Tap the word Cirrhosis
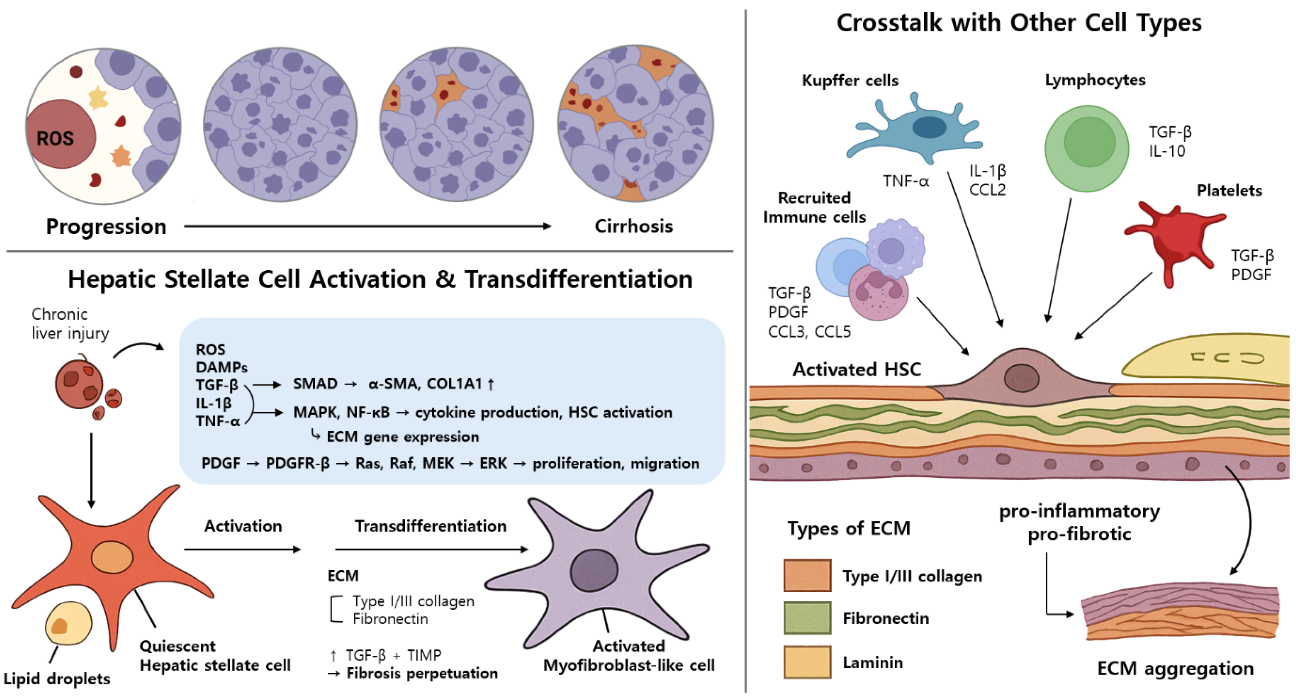(634, 227)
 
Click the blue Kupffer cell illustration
(916, 128)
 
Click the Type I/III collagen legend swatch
(807, 575)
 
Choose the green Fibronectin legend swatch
(807, 618)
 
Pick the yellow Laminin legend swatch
(807, 662)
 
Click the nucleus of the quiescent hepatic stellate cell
(112, 557)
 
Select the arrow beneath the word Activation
(243, 550)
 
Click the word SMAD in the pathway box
(315, 384)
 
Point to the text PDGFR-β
(297, 463)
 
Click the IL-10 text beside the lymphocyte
(1167, 151)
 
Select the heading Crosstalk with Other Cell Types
(1019, 23)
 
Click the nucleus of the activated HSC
(1021, 378)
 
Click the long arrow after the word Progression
(367, 227)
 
